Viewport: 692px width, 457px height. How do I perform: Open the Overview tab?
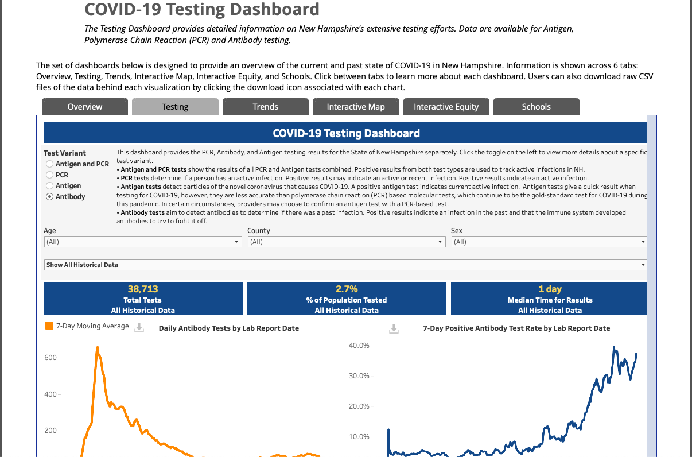(x=85, y=107)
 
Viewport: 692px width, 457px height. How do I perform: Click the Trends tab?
(x=265, y=107)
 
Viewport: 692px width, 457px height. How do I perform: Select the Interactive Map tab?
(x=356, y=107)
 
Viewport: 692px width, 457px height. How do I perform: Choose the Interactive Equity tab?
(x=446, y=107)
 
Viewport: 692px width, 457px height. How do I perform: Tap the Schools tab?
(x=537, y=107)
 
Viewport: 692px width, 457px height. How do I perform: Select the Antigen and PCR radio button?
(x=49, y=164)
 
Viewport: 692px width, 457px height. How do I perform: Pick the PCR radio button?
(x=49, y=175)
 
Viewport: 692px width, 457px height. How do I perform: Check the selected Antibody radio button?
(x=49, y=197)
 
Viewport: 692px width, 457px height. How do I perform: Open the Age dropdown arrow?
(x=236, y=242)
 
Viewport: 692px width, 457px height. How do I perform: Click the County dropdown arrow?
(x=440, y=242)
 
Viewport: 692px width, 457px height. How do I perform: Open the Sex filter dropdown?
(x=549, y=242)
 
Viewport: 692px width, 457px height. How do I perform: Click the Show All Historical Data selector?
(x=345, y=265)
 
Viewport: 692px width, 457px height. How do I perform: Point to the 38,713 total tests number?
(x=143, y=289)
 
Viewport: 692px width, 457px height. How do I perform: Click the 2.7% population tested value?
(x=347, y=289)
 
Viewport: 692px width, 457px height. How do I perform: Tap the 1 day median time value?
(x=550, y=289)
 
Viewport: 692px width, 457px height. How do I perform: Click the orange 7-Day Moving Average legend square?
(x=49, y=326)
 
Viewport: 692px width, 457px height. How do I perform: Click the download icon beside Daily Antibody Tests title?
(x=139, y=328)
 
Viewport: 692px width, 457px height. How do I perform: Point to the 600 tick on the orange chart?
(x=50, y=358)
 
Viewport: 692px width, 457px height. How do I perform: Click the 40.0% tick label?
(x=359, y=346)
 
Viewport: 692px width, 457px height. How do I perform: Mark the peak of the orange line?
(x=98, y=347)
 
